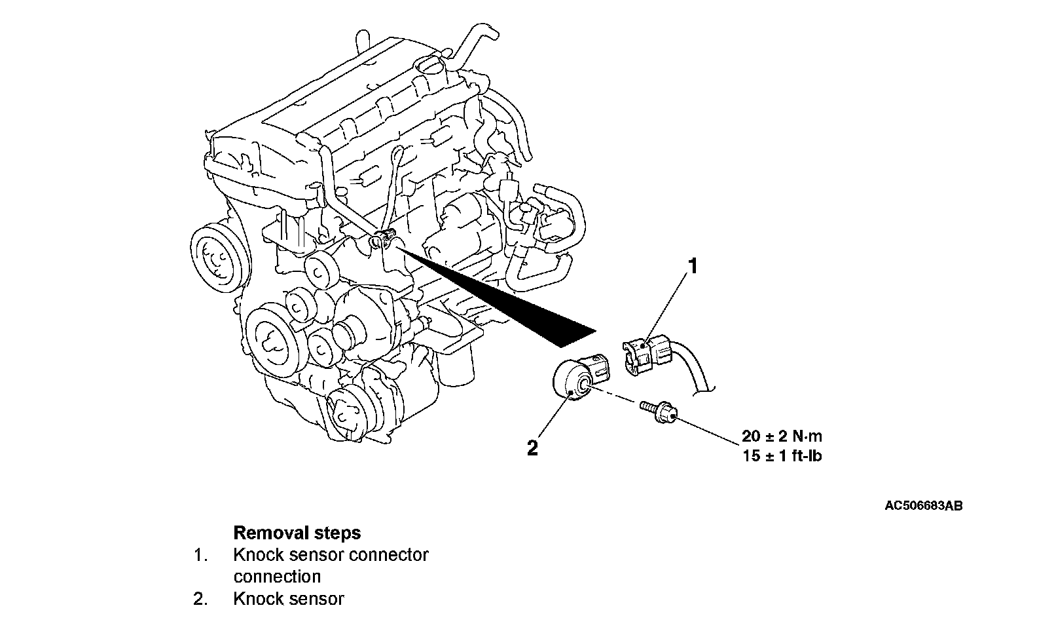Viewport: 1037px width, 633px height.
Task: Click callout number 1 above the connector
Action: pos(692,267)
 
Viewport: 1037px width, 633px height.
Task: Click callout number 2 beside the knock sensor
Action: pos(532,448)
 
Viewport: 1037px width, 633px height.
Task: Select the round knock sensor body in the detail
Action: pos(572,379)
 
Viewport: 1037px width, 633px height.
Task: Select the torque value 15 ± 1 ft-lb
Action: pos(782,455)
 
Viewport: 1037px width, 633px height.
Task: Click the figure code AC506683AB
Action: pos(923,506)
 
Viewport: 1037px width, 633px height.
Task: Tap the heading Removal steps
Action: pos(297,532)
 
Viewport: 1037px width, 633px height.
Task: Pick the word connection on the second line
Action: pos(277,577)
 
